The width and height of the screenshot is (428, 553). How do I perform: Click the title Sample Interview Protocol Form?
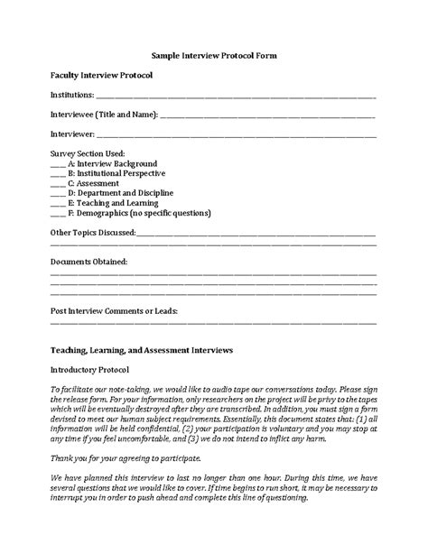[213, 56]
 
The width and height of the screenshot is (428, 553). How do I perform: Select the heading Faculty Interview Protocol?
[101, 75]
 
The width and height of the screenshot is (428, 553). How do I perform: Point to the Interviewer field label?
[72, 134]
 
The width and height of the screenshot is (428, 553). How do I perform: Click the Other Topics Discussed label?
[92, 233]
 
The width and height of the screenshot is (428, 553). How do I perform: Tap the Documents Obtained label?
[88, 262]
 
